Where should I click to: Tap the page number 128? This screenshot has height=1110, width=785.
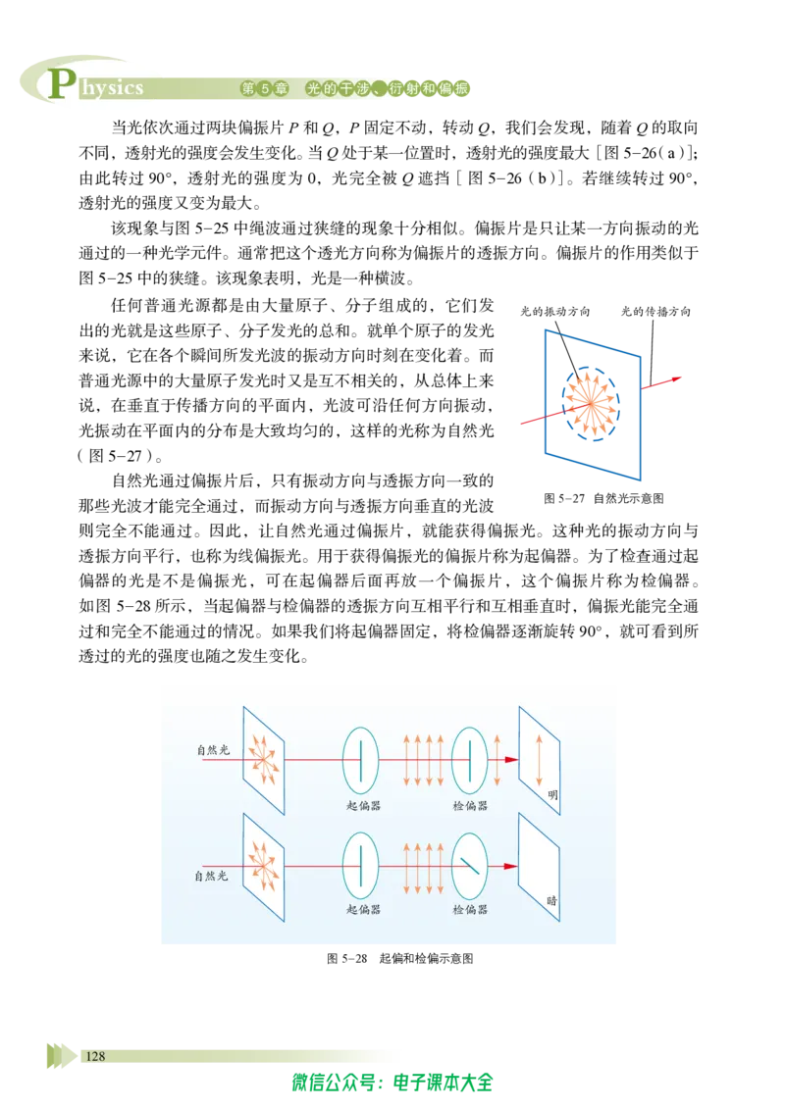click(95, 1056)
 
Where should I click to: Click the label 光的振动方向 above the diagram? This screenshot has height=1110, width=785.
click(554, 312)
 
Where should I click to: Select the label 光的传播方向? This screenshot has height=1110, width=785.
click(655, 312)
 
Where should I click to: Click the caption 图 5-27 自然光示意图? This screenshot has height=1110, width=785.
click(603, 498)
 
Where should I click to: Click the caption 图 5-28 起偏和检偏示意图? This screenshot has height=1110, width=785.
click(400, 959)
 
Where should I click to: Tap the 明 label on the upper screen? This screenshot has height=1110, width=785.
click(552, 795)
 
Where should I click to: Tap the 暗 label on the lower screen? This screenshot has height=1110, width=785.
click(551, 901)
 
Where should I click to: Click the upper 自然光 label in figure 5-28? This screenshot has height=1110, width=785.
click(213, 750)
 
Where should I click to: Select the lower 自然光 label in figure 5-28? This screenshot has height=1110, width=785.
click(211, 876)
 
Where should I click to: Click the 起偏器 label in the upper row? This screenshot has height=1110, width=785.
click(363, 806)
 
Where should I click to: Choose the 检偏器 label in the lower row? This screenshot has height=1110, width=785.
click(470, 910)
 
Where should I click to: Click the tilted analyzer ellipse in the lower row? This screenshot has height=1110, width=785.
click(452, 865)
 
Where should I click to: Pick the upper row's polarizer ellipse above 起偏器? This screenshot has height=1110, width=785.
click(342, 760)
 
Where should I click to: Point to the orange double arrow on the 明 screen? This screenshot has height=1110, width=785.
click(539, 760)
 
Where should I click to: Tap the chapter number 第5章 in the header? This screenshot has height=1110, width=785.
click(264, 88)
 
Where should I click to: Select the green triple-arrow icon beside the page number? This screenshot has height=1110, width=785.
click(62, 1055)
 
